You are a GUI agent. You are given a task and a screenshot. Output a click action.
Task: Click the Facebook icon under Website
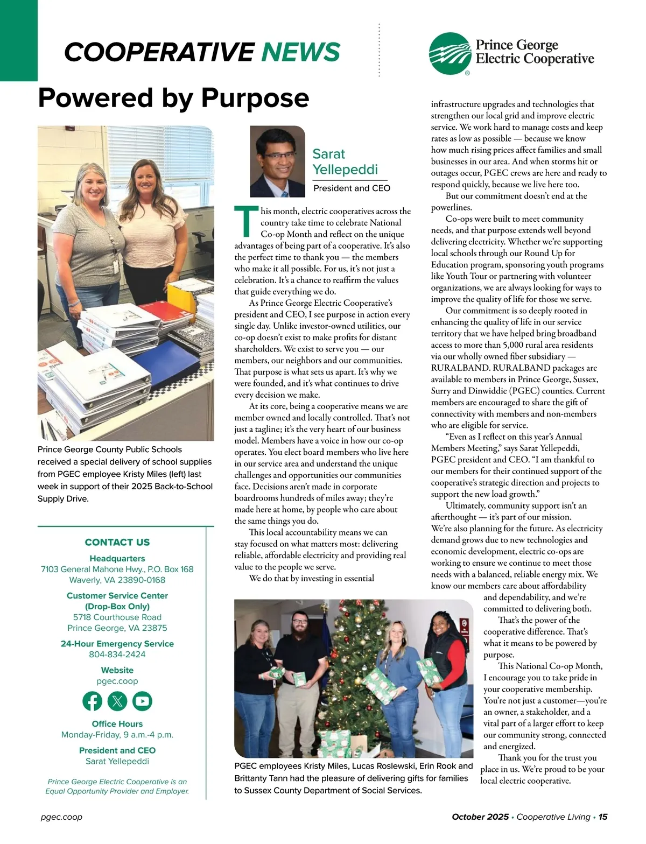92,701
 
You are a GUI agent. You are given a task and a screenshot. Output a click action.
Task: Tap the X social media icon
117,701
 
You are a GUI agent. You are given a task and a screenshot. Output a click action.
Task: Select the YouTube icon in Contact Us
143,701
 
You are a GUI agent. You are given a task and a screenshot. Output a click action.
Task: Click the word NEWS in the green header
300,52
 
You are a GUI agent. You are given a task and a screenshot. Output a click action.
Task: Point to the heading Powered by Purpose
173,98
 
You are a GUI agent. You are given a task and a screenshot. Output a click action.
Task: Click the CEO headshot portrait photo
277,161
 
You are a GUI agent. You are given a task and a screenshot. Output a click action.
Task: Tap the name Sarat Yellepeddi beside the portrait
345,162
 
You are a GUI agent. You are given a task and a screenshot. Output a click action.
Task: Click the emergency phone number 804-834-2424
117,655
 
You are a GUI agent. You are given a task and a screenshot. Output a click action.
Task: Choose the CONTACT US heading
117,542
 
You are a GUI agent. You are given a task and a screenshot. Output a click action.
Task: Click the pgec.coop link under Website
117,681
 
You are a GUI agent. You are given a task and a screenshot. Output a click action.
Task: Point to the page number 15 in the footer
603,817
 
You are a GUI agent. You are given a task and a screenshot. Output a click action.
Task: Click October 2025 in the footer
480,817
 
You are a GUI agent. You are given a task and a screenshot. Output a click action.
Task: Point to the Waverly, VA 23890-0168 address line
117,580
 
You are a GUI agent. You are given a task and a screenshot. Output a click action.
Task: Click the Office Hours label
117,723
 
